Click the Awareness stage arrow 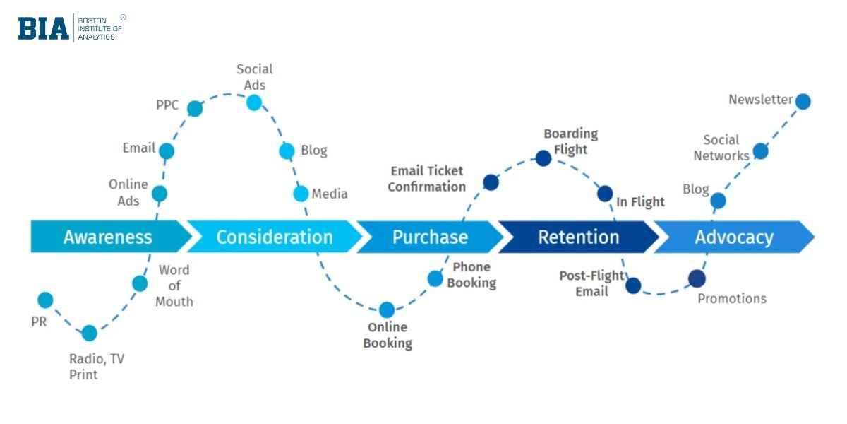click(x=107, y=237)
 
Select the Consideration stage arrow click(x=274, y=237)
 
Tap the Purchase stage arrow click(x=429, y=237)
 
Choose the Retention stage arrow click(x=578, y=237)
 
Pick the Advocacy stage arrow click(x=733, y=237)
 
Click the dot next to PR click(x=45, y=300)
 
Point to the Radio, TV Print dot click(x=90, y=333)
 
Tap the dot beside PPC click(x=195, y=109)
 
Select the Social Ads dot click(x=254, y=102)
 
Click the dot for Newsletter click(x=803, y=102)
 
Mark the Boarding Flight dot click(x=543, y=158)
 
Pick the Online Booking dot click(x=387, y=310)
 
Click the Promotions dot click(x=697, y=278)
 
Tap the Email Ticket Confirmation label click(x=426, y=179)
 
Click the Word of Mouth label click(x=174, y=285)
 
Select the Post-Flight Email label click(x=591, y=283)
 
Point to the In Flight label click(x=640, y=202)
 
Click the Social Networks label click(x=721, y=148)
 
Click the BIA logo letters click(x=44, y=28)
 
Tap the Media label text click(x=330, y=194)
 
